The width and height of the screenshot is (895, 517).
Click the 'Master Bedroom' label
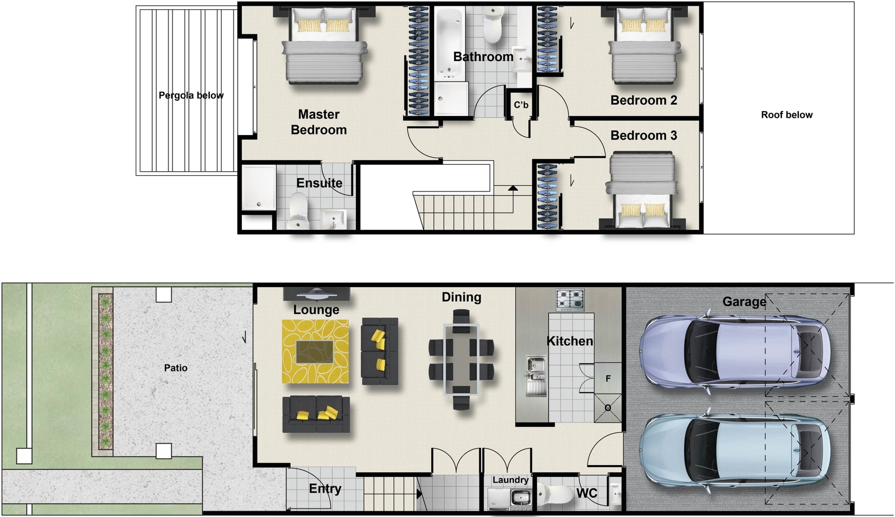pyautogui.click(x=319, y=122)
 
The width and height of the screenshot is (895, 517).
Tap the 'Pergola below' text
pyautogui.click(x=191, y=95)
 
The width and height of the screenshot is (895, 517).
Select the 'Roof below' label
pyautogui.click(x=787, y=115)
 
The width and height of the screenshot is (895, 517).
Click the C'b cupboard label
pyautogui.click(x=521, y=105)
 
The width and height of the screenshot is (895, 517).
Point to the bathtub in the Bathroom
pyautogui.click(x=449, y=44)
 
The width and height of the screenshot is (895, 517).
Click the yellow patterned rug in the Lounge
pyautogui.click(x=315, y=351)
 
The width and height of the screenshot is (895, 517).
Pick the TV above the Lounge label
pyautogui.click(x=316, y=293)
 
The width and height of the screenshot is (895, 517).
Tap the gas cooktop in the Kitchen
pyautogui.click(x=570, y=300)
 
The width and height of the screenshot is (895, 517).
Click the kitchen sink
pyautogui.click(x=535, y=375)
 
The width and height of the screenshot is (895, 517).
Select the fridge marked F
pyautogui.click(x=608, y=378)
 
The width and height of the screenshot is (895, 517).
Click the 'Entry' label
pyautogui.click(x=325, y=489)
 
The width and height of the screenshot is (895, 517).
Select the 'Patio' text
pyautogui.click(x=176, y=368)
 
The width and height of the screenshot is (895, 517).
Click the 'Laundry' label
pyautogui.click(x=510, y=480)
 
